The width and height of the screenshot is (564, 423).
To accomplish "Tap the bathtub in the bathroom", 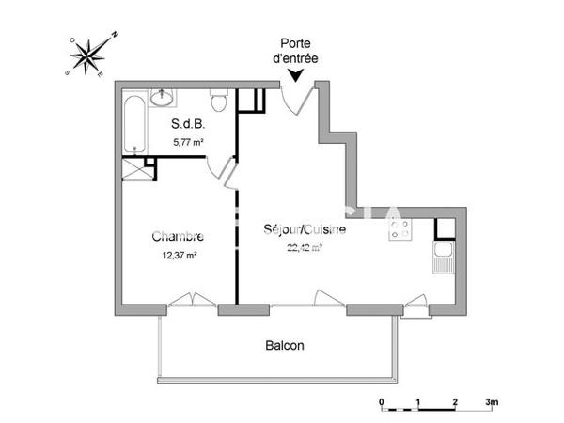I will pyautogui.click(x=135, y=122).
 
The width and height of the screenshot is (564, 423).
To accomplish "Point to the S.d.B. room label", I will pyautogui.click(x=188, y=124).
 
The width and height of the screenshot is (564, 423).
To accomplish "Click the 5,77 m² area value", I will pyautogui.click(x=189, y=142).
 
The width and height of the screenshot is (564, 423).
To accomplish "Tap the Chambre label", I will pyautogui.click(x=178, y=237).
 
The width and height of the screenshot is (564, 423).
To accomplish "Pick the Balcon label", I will pyautogui.click(x=283, y=345).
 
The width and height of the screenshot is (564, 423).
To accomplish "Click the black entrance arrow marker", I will pyautogui.click(x=295, y=78).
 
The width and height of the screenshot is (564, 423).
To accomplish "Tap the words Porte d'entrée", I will pyautogui.click(x=295, y=52).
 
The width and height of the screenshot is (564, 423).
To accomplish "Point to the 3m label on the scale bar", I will pyautogui.click(x=491, y=401).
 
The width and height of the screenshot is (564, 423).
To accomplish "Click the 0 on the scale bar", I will pyautogui.click(x=383, y=401).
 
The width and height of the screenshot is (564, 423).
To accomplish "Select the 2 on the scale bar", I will pyautogui.click(x=454, y=401).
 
